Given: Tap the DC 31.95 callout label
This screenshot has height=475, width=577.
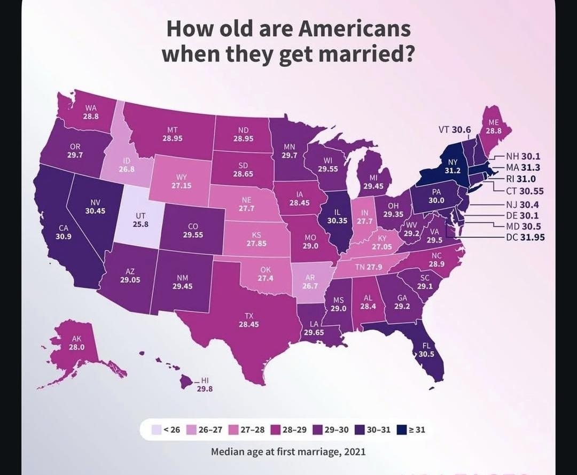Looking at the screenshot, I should coord(525,237).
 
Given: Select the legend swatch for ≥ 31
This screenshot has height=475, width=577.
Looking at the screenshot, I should coord(403,429).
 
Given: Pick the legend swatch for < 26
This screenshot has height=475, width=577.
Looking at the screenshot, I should coord(157,429).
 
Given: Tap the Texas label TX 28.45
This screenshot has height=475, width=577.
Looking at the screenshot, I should coord(248,320).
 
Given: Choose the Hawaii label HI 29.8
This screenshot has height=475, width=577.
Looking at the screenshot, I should coord(204,385).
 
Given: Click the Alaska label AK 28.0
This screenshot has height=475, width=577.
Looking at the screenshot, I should coord(77,342).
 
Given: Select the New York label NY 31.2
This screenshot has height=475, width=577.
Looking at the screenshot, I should coord(453,166).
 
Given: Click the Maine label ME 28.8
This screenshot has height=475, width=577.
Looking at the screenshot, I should coord(493,126).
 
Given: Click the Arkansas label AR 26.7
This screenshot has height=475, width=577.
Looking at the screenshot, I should coord(310,282).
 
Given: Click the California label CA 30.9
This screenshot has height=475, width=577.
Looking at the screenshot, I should coord(63,232).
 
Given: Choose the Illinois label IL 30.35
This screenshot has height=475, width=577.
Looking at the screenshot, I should coord(337,216).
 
